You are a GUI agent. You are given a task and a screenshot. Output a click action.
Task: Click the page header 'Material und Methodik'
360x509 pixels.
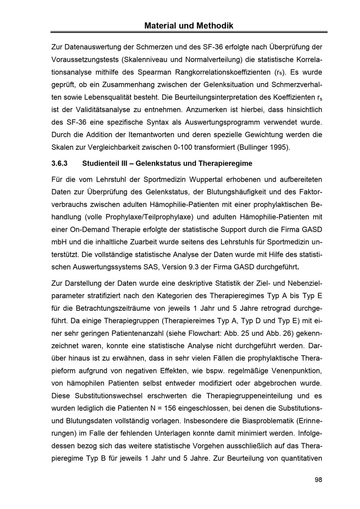pos(189,26)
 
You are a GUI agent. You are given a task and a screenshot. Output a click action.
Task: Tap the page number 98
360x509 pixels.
pos(318,479)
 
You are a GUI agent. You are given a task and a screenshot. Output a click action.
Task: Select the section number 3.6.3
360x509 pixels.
pos(60,163)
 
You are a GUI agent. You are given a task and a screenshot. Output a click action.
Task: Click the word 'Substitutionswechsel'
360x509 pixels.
pos(108,396)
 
